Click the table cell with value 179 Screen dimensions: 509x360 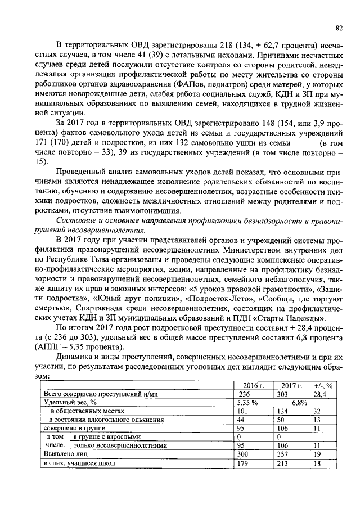click(244, 462)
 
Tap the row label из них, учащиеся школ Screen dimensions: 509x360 click(79, 462)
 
